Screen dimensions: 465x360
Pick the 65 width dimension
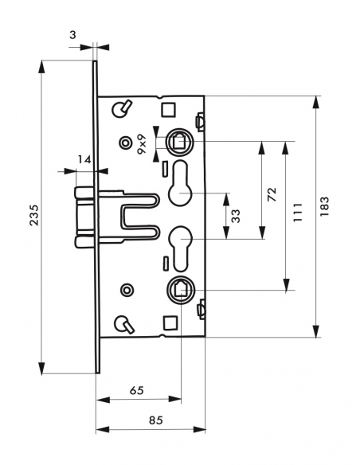(x=135, y=391)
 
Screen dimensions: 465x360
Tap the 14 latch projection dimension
(x=84, y=159)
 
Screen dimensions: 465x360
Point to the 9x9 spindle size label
(x=142, y=144)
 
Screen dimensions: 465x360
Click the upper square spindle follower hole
(x=179, y=143)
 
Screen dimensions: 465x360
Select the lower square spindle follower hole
(x=180, y=291)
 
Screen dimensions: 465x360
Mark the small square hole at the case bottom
(x=167, y=322)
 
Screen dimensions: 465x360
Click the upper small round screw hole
(x=123, y=143)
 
